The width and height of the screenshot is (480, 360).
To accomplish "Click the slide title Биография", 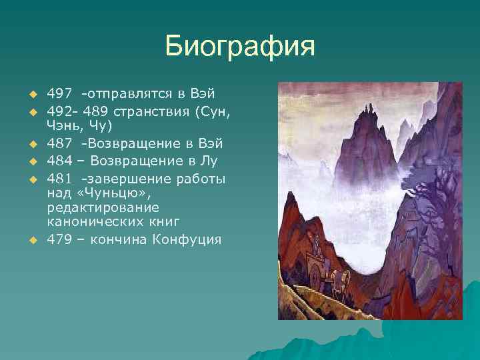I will click(x=239, y=47).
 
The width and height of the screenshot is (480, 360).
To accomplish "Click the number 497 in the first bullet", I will click(x=59, y=93).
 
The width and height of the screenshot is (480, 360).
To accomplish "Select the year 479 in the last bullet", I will click(x=59, y=239).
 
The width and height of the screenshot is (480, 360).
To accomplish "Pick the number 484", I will click(x=59, y=161).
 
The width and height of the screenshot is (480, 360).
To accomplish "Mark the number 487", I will click(x=59, y=143).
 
